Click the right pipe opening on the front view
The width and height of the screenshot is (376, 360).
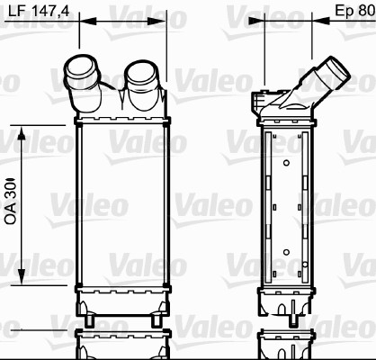(140, 72)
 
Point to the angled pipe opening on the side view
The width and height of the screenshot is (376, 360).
(339, 67)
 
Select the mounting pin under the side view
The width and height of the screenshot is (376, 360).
(295, 318)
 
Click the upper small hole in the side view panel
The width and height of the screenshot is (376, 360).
(285, 163)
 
